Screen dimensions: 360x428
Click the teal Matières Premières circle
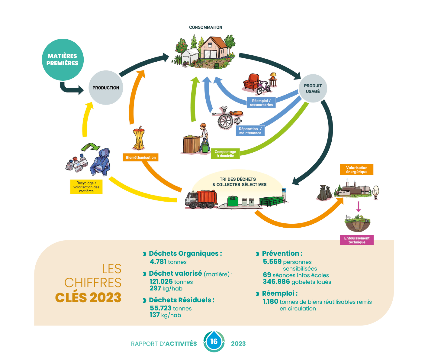click(63, 60)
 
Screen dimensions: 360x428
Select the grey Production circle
click(106, 88)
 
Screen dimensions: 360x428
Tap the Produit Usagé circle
click(313, 88)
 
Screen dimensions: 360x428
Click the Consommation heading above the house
click(206, 27)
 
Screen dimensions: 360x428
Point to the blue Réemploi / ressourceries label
click(261, 103)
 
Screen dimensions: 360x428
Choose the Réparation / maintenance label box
click(250, 131)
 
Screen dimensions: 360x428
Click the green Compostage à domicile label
click(225, 154)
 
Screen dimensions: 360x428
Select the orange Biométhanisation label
click(141, 157)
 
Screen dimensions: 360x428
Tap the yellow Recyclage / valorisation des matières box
click(86, 187)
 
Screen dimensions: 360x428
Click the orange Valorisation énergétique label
click(357, 170)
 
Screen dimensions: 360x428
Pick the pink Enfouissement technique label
click(357, 240)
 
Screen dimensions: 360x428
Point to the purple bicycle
click(263, 87)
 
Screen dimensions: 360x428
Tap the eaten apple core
click(139, 138)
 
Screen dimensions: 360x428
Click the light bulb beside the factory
click(376, 192)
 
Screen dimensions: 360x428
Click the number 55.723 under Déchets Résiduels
click(161, 308)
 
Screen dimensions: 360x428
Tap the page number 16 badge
click(214, 342)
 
